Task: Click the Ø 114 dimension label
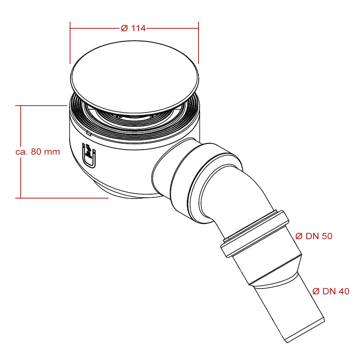tap(133, 28)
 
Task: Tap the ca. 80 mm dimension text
tap(38, 152)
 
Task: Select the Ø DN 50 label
tap(314, 236)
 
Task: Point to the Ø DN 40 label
tap(331, 291)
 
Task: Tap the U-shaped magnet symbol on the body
tap(90, 156)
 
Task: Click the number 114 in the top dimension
tap(139, 28)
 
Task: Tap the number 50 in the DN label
tap(327, 236)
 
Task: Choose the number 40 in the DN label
tap(343, 291)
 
